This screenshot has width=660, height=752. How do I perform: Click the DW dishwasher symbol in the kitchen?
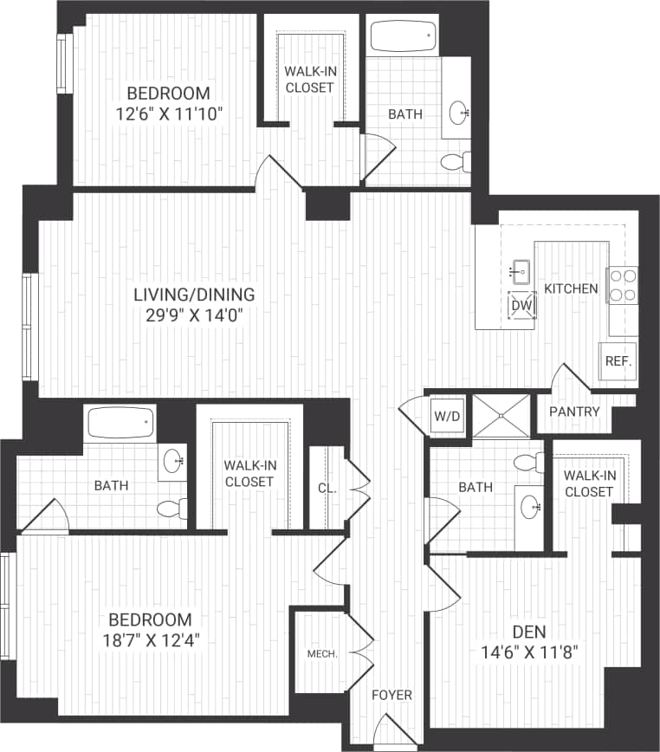click(521, 305)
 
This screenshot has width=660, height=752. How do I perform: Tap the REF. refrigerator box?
click(617, 361)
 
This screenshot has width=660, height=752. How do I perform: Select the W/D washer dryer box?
click(448, 417)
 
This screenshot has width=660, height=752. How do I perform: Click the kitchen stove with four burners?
click(623, 286)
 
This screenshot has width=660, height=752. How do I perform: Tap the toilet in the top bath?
click(455, 162)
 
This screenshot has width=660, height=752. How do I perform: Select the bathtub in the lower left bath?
click(120, 424)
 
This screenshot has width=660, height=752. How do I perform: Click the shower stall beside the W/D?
click(499, 412)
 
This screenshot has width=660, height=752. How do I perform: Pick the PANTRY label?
click(573, 412)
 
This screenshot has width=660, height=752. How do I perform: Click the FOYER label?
click(391, 695)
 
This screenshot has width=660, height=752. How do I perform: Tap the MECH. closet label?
click(321, 654)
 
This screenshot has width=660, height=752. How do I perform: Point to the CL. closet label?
click(327, 488)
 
